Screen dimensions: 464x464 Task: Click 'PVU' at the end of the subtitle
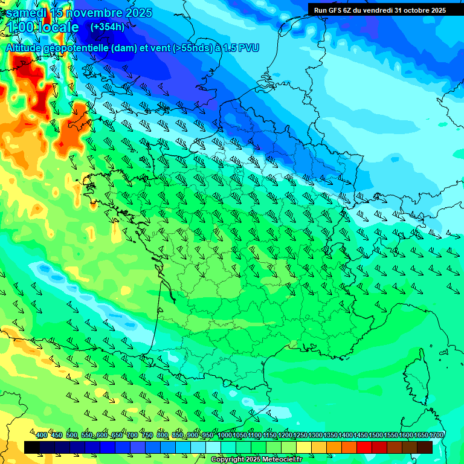point(248,48)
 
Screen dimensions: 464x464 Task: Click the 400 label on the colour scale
point(42,436)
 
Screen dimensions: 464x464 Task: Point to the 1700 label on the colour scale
point(436,436)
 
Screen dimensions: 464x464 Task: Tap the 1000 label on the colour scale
point(224,436)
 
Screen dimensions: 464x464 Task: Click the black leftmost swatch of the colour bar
point(32,447)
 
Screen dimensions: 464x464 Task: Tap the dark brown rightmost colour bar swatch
point(425,447)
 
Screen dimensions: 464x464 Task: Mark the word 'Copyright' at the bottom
point(229,460)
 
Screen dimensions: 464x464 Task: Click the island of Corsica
point(416,375)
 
